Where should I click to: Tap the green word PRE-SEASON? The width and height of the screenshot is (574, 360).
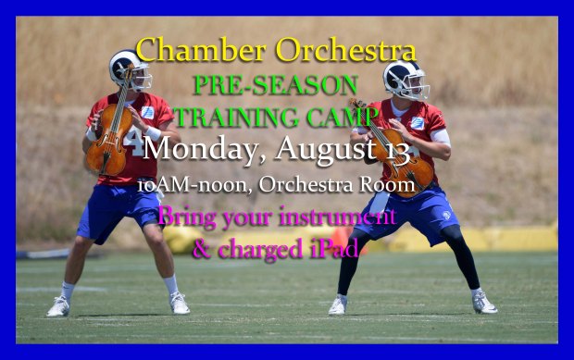tap(275, 85)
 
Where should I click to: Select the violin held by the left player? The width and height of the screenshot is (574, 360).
tap(108, 139)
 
